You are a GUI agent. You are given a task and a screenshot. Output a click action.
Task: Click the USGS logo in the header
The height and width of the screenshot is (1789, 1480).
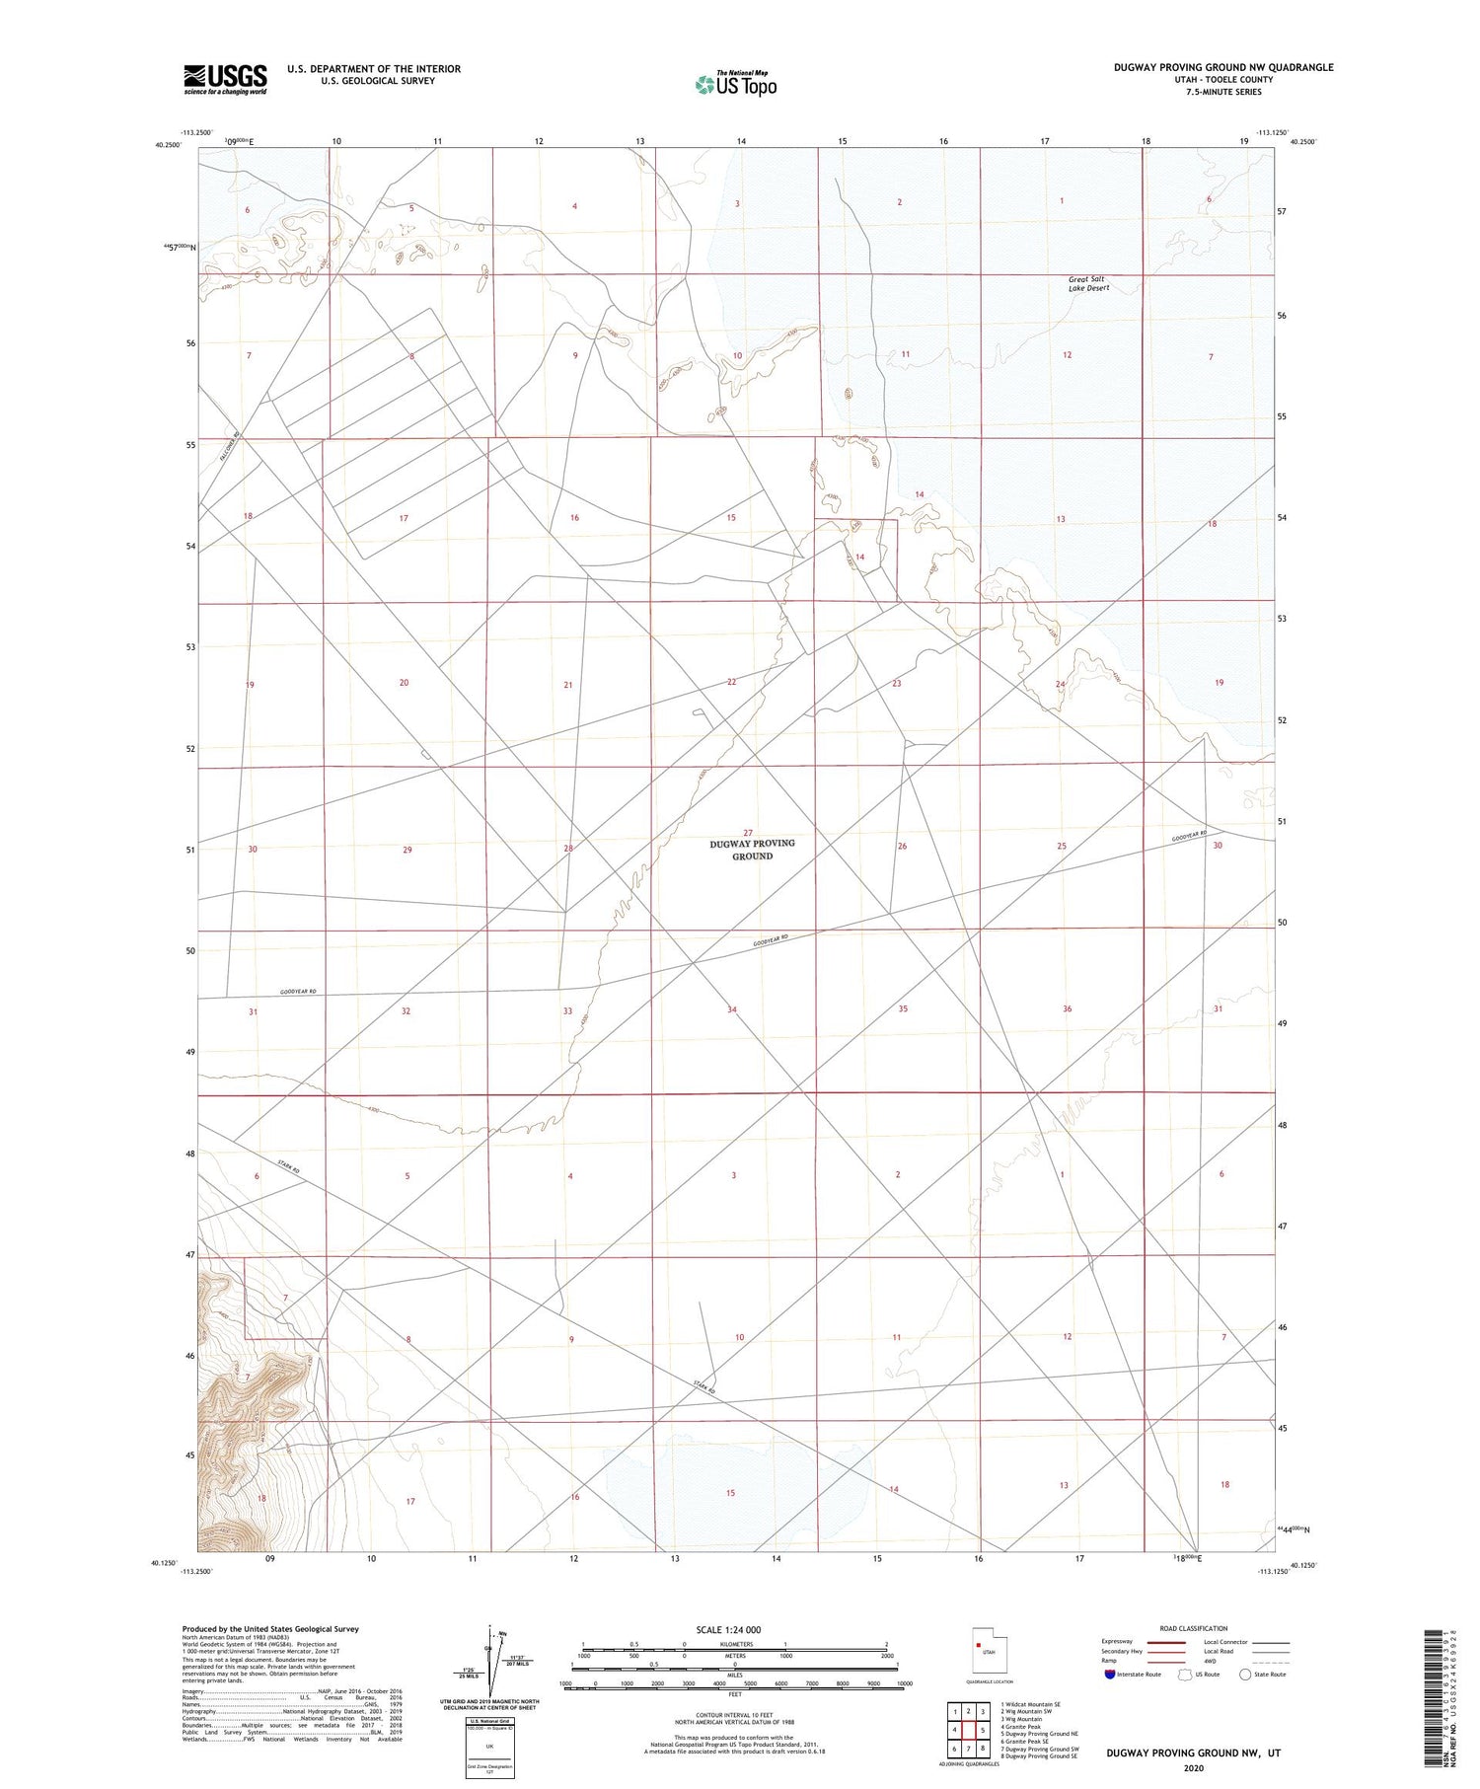[x=225, y=79]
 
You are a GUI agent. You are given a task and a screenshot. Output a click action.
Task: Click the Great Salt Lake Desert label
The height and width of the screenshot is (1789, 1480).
[x=1088, y=283]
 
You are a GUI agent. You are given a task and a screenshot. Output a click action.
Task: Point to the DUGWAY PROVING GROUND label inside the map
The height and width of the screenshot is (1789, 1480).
[x=752, y=850]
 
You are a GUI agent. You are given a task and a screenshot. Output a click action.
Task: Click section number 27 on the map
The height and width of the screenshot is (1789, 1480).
[x=748, y=833]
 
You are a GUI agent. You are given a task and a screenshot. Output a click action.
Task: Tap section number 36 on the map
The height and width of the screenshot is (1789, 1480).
[x=1067, y=1008]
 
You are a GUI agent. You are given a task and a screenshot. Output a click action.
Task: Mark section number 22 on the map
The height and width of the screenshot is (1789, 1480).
[x=731, y=682]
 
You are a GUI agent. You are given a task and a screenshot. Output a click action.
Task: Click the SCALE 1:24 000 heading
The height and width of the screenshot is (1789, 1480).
[x=728, y=1629]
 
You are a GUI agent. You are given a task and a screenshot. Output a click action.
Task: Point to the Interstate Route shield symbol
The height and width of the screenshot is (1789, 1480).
[x=1111, y=1674]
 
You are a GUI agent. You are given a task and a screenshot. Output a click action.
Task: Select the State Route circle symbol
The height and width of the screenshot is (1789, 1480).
[x=1245, y=1674]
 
